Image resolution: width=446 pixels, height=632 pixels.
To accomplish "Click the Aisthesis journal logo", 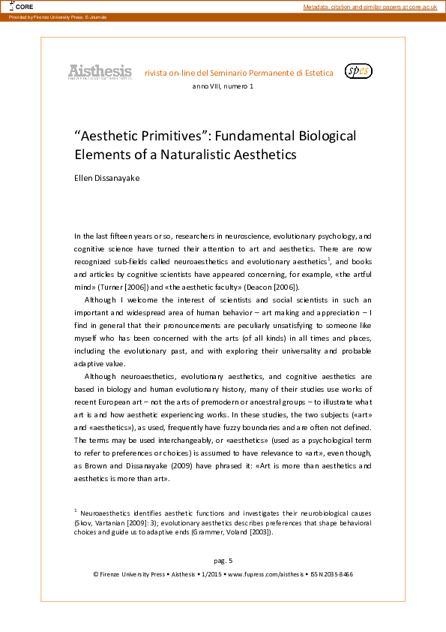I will pyautogui.click(x=100, y=72).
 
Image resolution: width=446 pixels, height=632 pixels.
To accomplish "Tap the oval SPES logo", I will pyautogui.click(x=358, y=71).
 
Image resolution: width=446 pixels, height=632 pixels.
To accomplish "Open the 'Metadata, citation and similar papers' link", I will pyautogui.click(x=370, y=7).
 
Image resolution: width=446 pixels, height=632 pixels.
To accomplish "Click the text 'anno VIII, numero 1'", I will pyautogui.click(x=223, y=88).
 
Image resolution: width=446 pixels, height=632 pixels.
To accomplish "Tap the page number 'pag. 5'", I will pyautogui.click(x=223, y=560).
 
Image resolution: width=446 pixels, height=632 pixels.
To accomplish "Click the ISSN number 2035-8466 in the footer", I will pyautogui.click(x=335, y=573).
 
